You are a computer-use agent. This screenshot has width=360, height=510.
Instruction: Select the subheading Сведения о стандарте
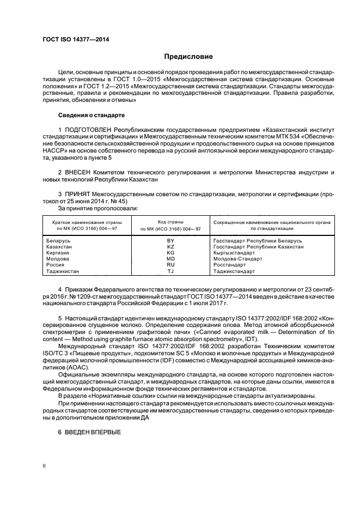pyautogui.click(x=91, y=116)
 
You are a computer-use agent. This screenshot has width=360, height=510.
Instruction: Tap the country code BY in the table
pyautogui.click(x=170, y=240)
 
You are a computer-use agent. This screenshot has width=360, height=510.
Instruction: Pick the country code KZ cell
pyautogui.click(x=170, y=246)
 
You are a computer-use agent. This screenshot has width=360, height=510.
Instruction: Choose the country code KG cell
pyautogui.click(x=170, y=252)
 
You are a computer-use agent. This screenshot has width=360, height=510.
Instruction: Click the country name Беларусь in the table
pyautogui.click(x=59, y=240)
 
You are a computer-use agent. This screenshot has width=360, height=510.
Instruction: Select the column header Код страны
pyautogui.click(x=170, y=222)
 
